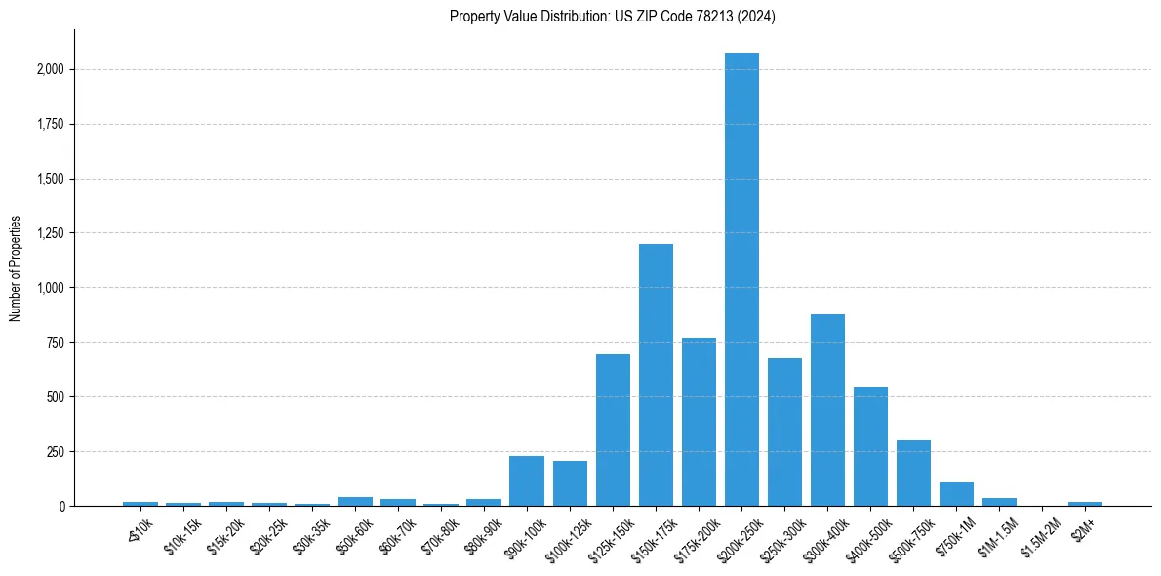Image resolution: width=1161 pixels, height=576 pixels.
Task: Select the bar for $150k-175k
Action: tap(656, 375)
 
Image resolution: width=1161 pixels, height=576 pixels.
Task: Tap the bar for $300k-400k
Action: tap(827, 410)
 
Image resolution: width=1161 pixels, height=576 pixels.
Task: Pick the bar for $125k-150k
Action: tap(613, 431)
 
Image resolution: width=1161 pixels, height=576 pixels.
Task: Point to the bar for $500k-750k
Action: tap(913, 473)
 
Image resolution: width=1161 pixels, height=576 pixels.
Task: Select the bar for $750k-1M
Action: tap(956, 494)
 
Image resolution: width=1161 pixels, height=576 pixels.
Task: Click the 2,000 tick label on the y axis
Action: tap(51, 70)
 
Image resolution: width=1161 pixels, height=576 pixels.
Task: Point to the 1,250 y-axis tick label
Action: tap(51, 233)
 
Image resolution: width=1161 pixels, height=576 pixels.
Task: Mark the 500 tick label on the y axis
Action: tap(57, 397)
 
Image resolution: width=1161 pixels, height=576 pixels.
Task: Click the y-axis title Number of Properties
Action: tap(15, 268)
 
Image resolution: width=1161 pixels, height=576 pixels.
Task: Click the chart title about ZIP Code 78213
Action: tap(613, 16)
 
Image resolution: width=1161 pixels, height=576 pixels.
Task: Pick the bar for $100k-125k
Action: tap(570, 483)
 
